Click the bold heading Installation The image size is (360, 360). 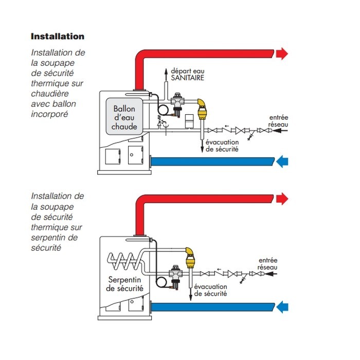click(x=58, y=37)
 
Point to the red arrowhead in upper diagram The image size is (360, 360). click(x=282, y=53)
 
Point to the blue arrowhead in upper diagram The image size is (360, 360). click(x=282, y=162)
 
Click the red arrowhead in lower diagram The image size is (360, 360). click(x=282, y=199)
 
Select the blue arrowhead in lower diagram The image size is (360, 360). click(x=282, y=308)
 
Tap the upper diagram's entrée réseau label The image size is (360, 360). click(x=278, y=121)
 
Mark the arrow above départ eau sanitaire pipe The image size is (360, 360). click(x=166, y=70)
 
